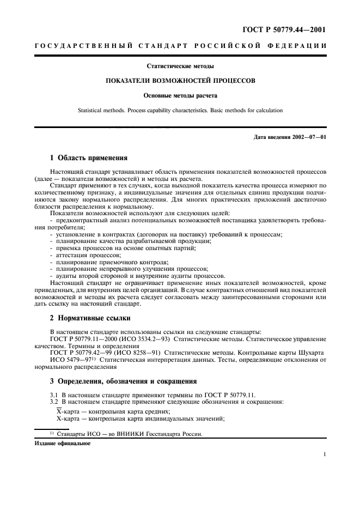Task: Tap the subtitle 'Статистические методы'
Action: point(180,66)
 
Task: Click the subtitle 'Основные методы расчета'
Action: point(180,95)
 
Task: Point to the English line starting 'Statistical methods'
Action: point(180,110)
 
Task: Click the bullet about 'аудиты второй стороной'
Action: point(136,276)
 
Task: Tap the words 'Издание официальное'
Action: point(63,444)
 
